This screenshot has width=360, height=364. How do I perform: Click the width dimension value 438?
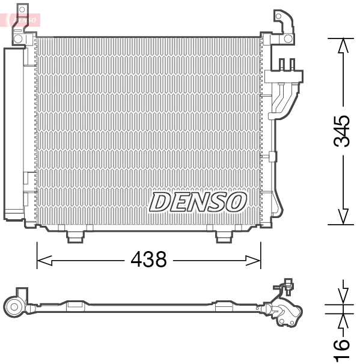pos(148,259)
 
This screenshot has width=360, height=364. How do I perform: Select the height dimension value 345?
pos(342,131)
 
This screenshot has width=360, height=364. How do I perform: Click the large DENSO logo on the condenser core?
pos(198,202)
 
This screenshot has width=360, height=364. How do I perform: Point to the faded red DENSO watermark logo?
pos(23,19)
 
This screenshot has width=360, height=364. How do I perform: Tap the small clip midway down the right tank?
pos(273,157)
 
